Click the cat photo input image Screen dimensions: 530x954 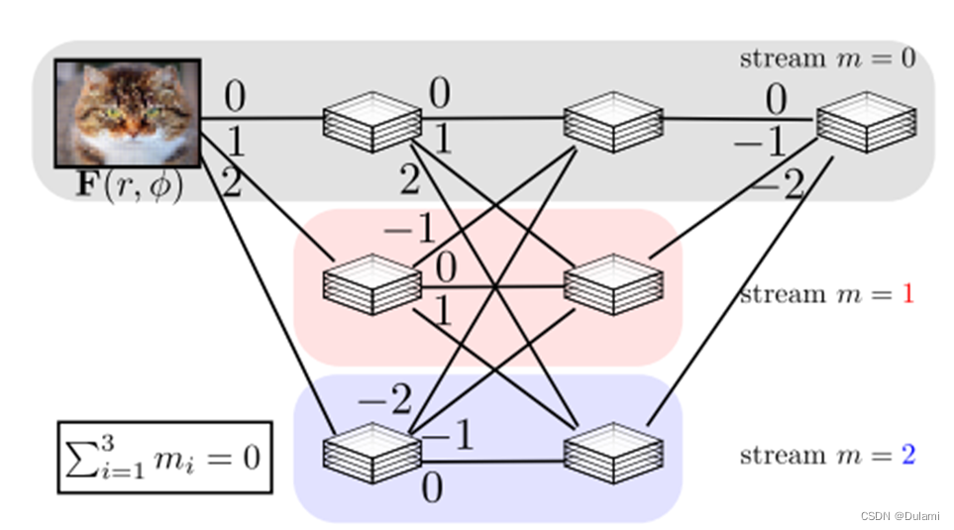(x=128, y=113)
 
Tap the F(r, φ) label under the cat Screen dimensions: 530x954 (x=129, y=187)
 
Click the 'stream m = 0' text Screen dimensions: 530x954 (x=827, y=58)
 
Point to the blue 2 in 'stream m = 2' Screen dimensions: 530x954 (x=907, y=456)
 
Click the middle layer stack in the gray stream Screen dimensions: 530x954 (x=611, y=122)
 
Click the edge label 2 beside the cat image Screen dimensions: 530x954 (x=231, y=183)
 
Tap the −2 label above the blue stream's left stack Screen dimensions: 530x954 (x=384, y=401)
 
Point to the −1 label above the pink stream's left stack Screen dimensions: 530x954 (x=409, y=230)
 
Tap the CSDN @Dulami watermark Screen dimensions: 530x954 (x=901, y=516)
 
